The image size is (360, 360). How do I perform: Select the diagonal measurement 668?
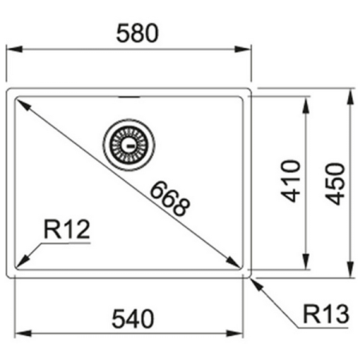click(170, 199)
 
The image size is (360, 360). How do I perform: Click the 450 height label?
click(337, 182)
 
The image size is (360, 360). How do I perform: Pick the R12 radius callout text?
click(67, 231)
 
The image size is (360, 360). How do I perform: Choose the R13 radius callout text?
click(326, 314)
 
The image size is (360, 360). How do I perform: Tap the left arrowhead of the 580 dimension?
click(12, 49)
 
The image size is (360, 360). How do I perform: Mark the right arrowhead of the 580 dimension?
click(247, 49)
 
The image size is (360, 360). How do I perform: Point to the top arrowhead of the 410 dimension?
click(307, 102)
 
